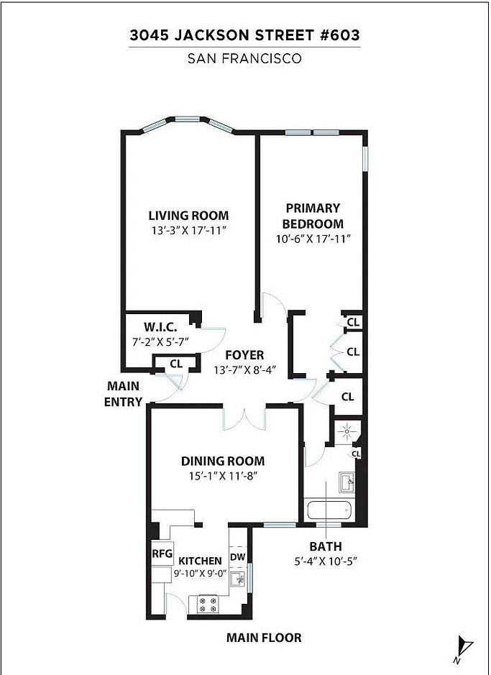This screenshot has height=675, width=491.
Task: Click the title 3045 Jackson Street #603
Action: tap(244, 35)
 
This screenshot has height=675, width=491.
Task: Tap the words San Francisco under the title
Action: tap(244, 59)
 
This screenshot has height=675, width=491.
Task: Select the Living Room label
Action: tap(188, 215)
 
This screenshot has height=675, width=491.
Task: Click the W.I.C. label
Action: tap(160, 326)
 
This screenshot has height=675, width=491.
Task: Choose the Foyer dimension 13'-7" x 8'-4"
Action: tap(244, 371)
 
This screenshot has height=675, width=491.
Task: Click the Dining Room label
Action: tap(222, 461)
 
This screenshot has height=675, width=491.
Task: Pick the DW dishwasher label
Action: tap(238, 556)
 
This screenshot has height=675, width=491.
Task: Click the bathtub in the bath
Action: tap(328, 512)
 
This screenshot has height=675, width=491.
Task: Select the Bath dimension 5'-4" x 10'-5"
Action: tap(326, 561)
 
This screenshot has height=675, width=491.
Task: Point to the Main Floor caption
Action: tap(263, 638)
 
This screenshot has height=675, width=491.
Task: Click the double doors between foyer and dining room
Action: tap(244, 418)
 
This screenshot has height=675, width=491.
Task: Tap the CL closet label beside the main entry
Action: tap(175, 364)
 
